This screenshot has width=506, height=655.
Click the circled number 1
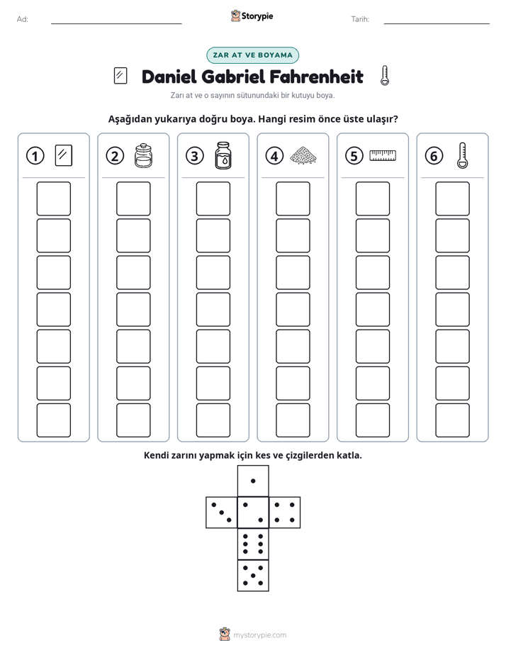(35, 156)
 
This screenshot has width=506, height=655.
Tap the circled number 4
(274, 156)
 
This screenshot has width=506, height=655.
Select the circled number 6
(434, 156)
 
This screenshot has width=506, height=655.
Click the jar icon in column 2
(143, 156)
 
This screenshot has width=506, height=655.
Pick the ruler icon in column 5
(383, 156)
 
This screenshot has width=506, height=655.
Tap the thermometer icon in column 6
(462, 156)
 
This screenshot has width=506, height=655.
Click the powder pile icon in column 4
(303, 156)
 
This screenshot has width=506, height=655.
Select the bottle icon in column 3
(223, 156)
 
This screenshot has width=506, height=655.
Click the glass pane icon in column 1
(64, 155)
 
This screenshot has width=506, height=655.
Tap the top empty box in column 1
(53, 198)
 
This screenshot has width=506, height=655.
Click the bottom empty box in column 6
(453, 420)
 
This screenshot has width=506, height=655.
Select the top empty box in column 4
(293, 198)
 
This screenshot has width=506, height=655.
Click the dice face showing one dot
(253, 481)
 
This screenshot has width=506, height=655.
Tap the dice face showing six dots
(253, 544)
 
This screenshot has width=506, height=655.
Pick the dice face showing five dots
(253, 575)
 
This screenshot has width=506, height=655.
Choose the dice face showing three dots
(222, 513)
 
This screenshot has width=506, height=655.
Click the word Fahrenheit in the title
(317, 77)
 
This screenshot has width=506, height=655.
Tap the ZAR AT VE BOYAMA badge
(252, 55)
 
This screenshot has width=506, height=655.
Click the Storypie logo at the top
(252, 16)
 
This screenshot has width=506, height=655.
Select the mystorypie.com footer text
(259, 635)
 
